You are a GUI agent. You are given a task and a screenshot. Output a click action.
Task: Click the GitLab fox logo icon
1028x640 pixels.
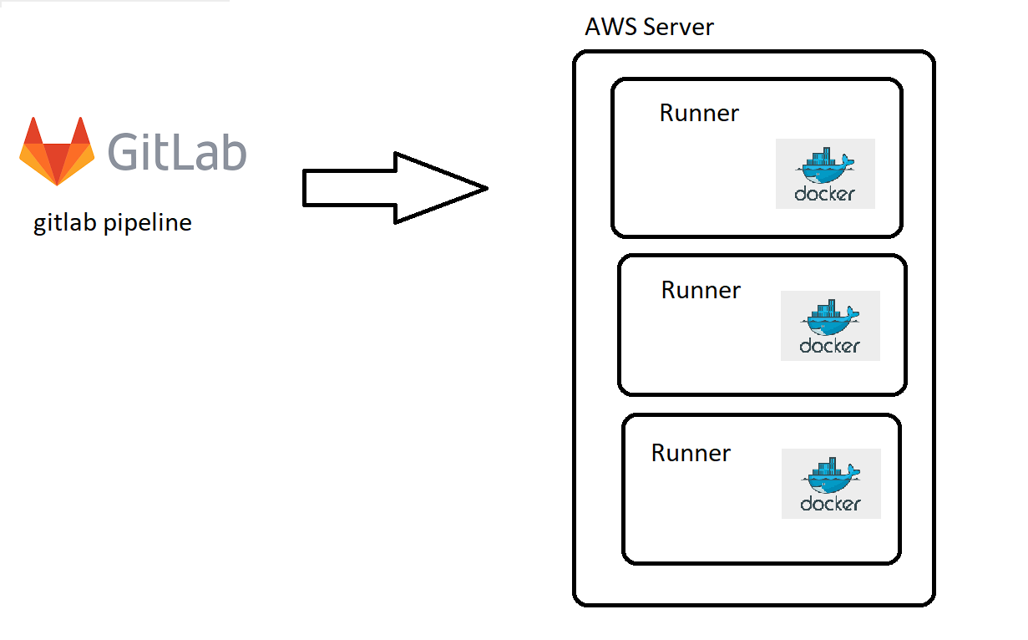pyautogui.click(x=58, y=151)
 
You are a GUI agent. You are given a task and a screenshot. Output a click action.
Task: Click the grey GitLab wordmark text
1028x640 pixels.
pyautogui.click(x=177, y=151)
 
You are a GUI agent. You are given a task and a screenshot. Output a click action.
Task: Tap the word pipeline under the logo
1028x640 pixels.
pyautogui.click(x=149, y=224)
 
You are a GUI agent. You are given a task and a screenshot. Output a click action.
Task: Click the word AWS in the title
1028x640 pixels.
pyautogui.click(x=609, y=27)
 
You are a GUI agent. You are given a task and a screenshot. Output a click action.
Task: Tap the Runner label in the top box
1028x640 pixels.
pyautogui.click(x=699, y=113)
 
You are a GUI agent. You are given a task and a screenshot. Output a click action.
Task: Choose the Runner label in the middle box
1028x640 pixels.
pyautogui.click(x=701, y=290)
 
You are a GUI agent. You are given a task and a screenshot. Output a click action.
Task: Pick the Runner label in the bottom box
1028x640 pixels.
pyautogui.click(x=691, y=453)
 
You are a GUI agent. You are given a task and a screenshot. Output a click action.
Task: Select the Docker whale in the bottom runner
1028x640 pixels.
pyautogui.click(x=831, y=476)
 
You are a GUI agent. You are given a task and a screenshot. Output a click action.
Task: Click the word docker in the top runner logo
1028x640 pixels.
pyautogui.click(x=825, y=195)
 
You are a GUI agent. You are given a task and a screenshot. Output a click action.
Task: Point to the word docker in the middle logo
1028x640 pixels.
pyautogui.click(x=830, y=346)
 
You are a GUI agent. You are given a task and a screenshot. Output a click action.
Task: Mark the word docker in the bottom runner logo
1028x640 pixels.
pyautogui.click(x=831, y=505)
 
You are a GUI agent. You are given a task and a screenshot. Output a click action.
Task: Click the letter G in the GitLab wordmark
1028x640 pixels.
pyautogui.click(x=126, y=152)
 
